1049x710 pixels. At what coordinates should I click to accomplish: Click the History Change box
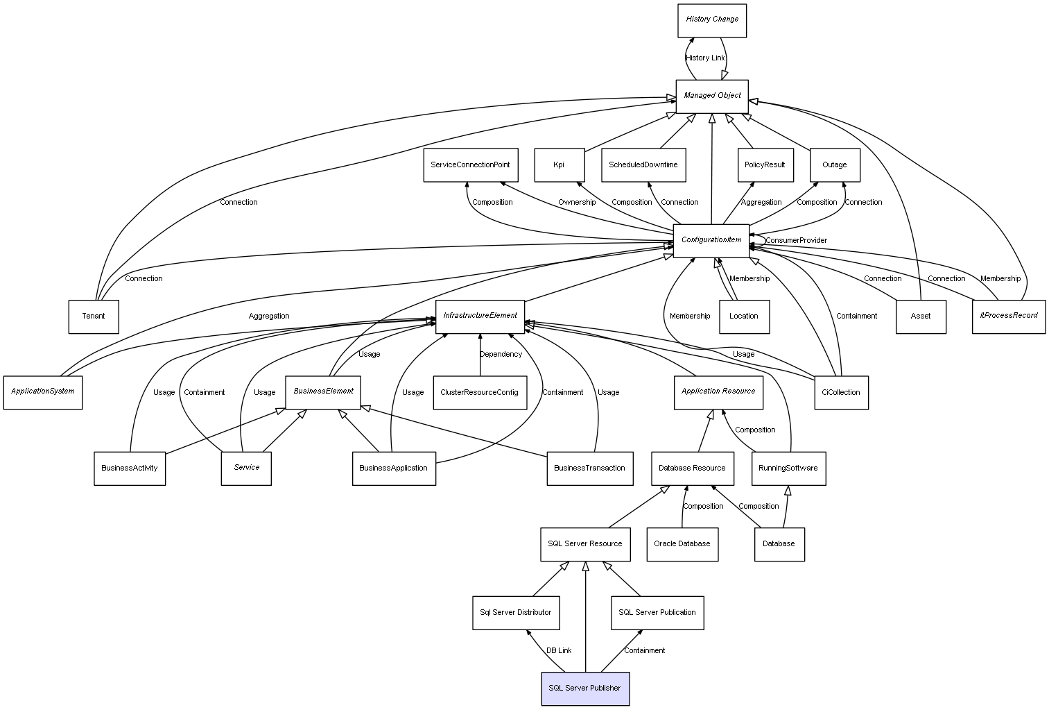[x=712, y=20]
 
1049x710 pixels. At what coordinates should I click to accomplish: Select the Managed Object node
[x=712, y=96]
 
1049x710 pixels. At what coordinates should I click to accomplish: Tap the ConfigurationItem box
[x=711, y=241]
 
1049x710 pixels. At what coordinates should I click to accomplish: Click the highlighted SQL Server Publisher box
[x=585, y=688]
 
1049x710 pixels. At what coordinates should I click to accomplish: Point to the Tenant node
[x=94, y=316]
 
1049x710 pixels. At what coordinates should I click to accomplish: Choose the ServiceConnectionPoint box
[x=470, y=165]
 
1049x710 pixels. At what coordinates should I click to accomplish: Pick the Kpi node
[x=560, y=165]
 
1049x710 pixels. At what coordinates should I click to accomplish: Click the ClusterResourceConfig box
[x=479, y=393]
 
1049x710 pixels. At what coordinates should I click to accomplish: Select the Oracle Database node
[x=682, y=544]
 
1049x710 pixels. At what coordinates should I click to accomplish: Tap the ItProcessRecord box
[x=1008, y=316]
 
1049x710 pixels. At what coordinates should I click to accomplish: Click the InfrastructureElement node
[x=480, y=316]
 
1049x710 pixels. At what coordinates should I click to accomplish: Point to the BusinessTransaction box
[x=589, y=468]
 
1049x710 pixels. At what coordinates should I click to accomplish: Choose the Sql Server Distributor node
[x=516, y=613]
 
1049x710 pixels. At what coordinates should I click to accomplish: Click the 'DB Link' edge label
[x=559, y=651]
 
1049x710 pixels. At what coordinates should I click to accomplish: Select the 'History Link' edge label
[x=705, y=58]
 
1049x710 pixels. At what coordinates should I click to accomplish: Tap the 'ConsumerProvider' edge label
[x=796, y=241]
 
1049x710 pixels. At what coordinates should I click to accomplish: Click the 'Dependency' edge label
[x=501, y=355]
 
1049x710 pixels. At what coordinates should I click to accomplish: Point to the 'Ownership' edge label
[x=577, y=203]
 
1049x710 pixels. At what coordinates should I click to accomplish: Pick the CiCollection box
[x=840, y=393]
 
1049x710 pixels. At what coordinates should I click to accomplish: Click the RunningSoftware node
[x=788, y=468]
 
